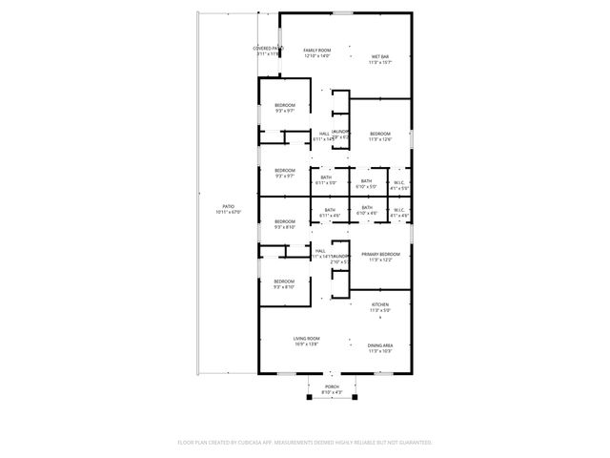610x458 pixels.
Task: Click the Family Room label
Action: click(x=316, y=50)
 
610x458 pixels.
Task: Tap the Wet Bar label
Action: click(x=380, y=56)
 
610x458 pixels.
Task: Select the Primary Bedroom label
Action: click(x=380, y=254)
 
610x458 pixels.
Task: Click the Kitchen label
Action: click(x=380, y=304)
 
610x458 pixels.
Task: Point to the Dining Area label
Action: click(x=380, y=345)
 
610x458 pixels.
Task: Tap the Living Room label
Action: click(x=306, y=339)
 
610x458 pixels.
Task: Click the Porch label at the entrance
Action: click(x=331, y=387)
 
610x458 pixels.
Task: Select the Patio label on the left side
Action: click(x=228, y=206)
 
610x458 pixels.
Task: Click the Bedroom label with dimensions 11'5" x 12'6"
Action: click(x=380, y=134)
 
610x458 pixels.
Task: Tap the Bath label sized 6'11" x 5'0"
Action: click(x=326, y=177)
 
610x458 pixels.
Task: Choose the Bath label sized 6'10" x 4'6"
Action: click(x=366, y=208)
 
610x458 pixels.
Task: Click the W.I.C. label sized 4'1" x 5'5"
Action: click(x=399, y=182)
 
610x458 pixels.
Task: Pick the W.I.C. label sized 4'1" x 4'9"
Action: click(x=399, y=210)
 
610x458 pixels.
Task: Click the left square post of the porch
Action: click(x=308, y=397)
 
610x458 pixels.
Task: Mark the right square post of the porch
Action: click(x=354, y=397)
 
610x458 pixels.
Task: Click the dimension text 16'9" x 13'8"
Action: click(x=306, y=343)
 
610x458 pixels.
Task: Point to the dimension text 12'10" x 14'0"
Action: click(x=316, y=56)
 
